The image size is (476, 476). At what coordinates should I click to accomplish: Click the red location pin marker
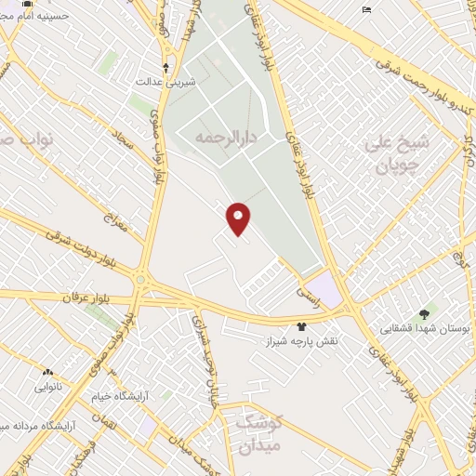point(238,218)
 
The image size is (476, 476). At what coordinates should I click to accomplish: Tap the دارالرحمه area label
point(226,137)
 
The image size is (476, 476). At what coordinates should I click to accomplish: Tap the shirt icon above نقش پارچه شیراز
point(301,325)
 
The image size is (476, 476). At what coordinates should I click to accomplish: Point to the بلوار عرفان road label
point(86,297)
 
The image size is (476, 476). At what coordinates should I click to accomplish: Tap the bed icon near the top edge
point(367,9)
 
